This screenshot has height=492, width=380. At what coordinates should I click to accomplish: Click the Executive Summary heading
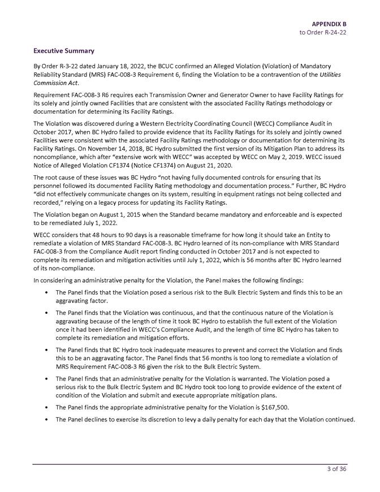(63, 51)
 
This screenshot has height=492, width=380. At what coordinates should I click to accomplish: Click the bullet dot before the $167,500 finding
(45, 408)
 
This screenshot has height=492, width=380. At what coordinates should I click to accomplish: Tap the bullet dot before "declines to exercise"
(45, 420)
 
